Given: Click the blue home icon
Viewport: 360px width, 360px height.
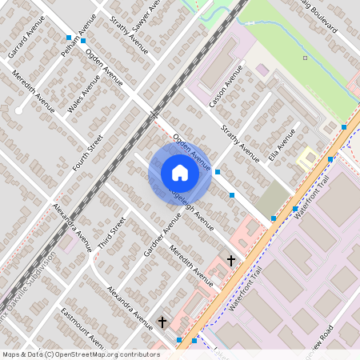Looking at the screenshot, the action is click(180, 173).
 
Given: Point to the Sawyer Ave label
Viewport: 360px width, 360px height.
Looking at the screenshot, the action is click(147, 20).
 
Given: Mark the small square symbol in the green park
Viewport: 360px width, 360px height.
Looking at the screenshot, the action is click(305, 58).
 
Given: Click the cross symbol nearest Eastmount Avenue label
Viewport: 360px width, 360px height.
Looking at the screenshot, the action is click(162, 322).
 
